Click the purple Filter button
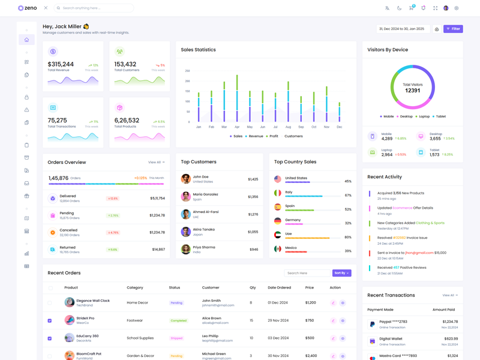click(x=453, y=29)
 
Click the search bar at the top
click(x=95, y=8)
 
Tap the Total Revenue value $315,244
click(x=61, y=64)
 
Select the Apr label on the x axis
click(x=237, y=127)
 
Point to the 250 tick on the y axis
click(x=187, y=70)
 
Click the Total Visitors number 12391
click(x=413, y=91)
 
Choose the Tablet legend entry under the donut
click(x=440, y=116)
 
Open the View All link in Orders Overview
click(x=156, y=162)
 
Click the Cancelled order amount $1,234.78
click(x=157, y=232)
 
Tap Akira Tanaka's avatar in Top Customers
click(x=186, y=232)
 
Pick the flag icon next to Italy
click(x=277, y=193)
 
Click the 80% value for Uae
click(x=348, y=237)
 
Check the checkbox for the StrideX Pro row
click(x=50, y=320)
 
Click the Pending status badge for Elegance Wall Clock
click(x=176, y=303)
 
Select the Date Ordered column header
click(x=279, y=287)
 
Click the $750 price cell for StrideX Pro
click(x=310, y=320)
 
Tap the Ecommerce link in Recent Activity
click(x=403, y=208)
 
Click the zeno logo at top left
click(x=28, y=8)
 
